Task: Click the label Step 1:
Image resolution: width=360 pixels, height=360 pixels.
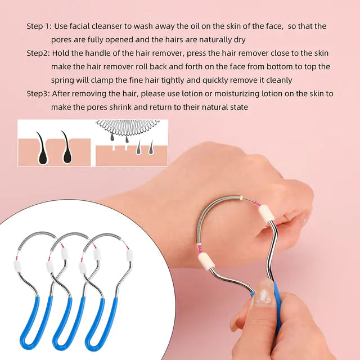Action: click(39, 26)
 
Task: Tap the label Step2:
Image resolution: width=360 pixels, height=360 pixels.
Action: click(38, 53)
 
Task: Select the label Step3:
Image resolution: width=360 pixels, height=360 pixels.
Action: click(38, 93)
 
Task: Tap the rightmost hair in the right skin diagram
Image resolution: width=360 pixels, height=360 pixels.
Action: click(151, 147)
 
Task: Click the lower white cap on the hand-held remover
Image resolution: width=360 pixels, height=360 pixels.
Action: click(206, 260)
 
